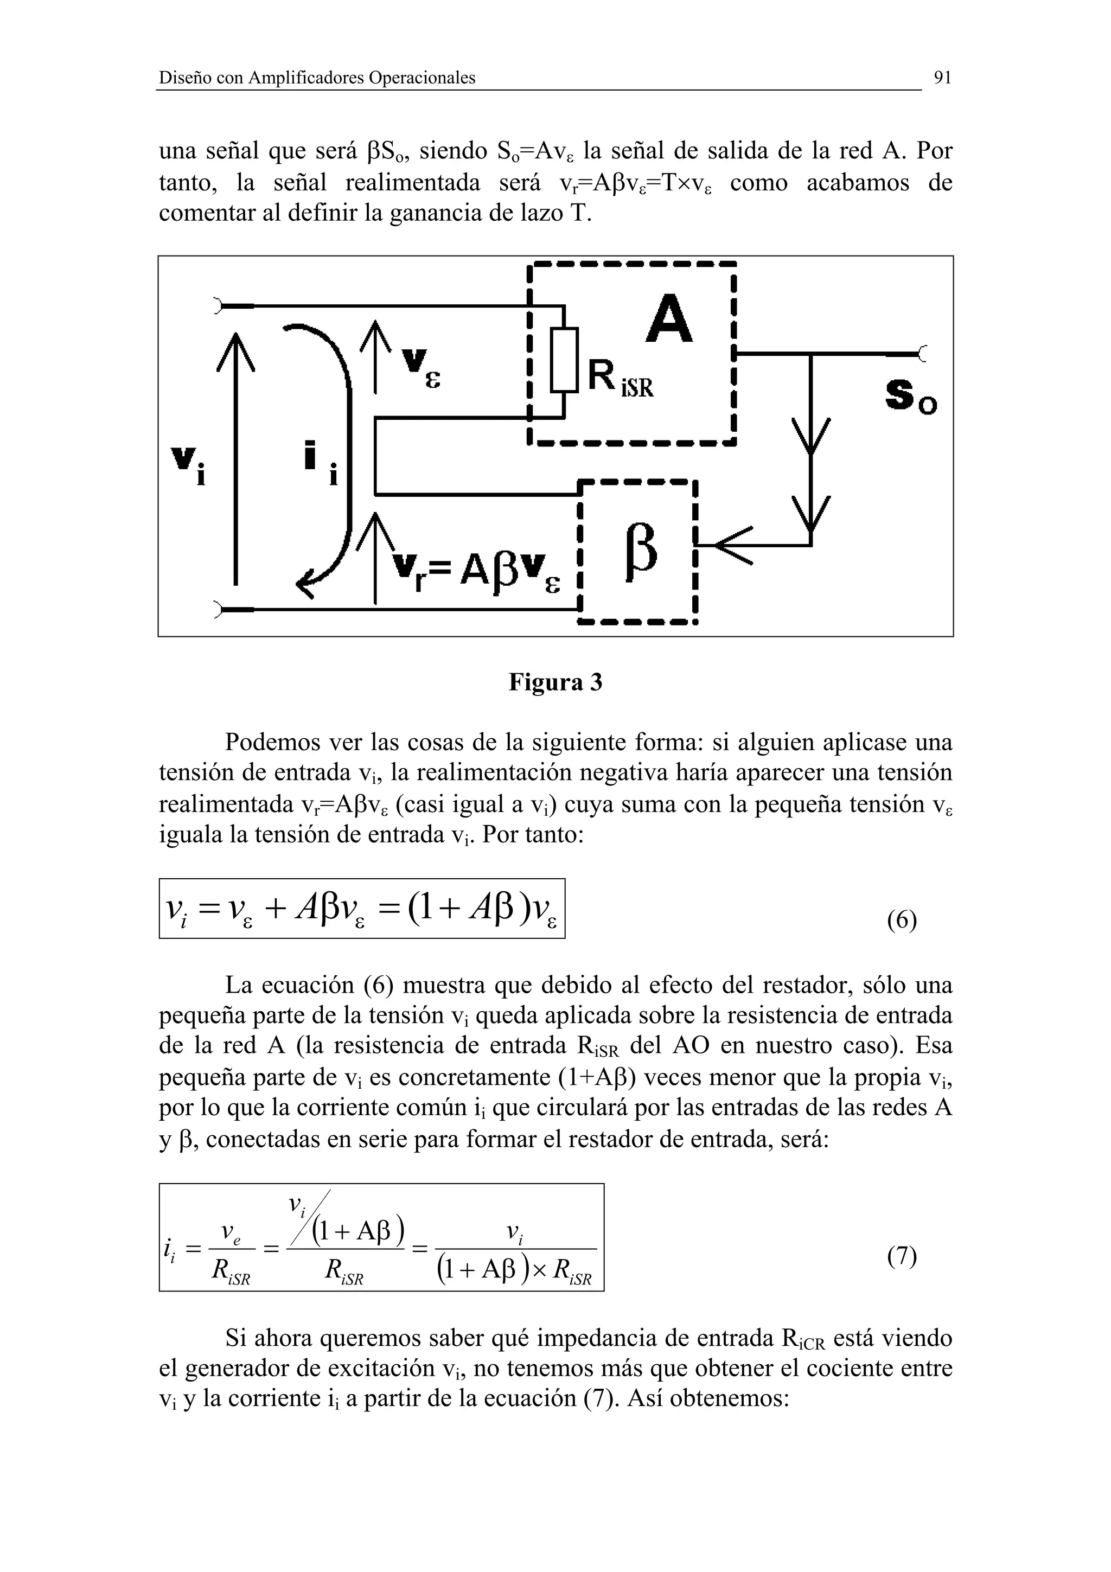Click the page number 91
pos(943,78)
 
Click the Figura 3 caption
pos(555,682)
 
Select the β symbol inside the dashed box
pos(641,553)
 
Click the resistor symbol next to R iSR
pos(564,360)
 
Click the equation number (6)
pos(902,920)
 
